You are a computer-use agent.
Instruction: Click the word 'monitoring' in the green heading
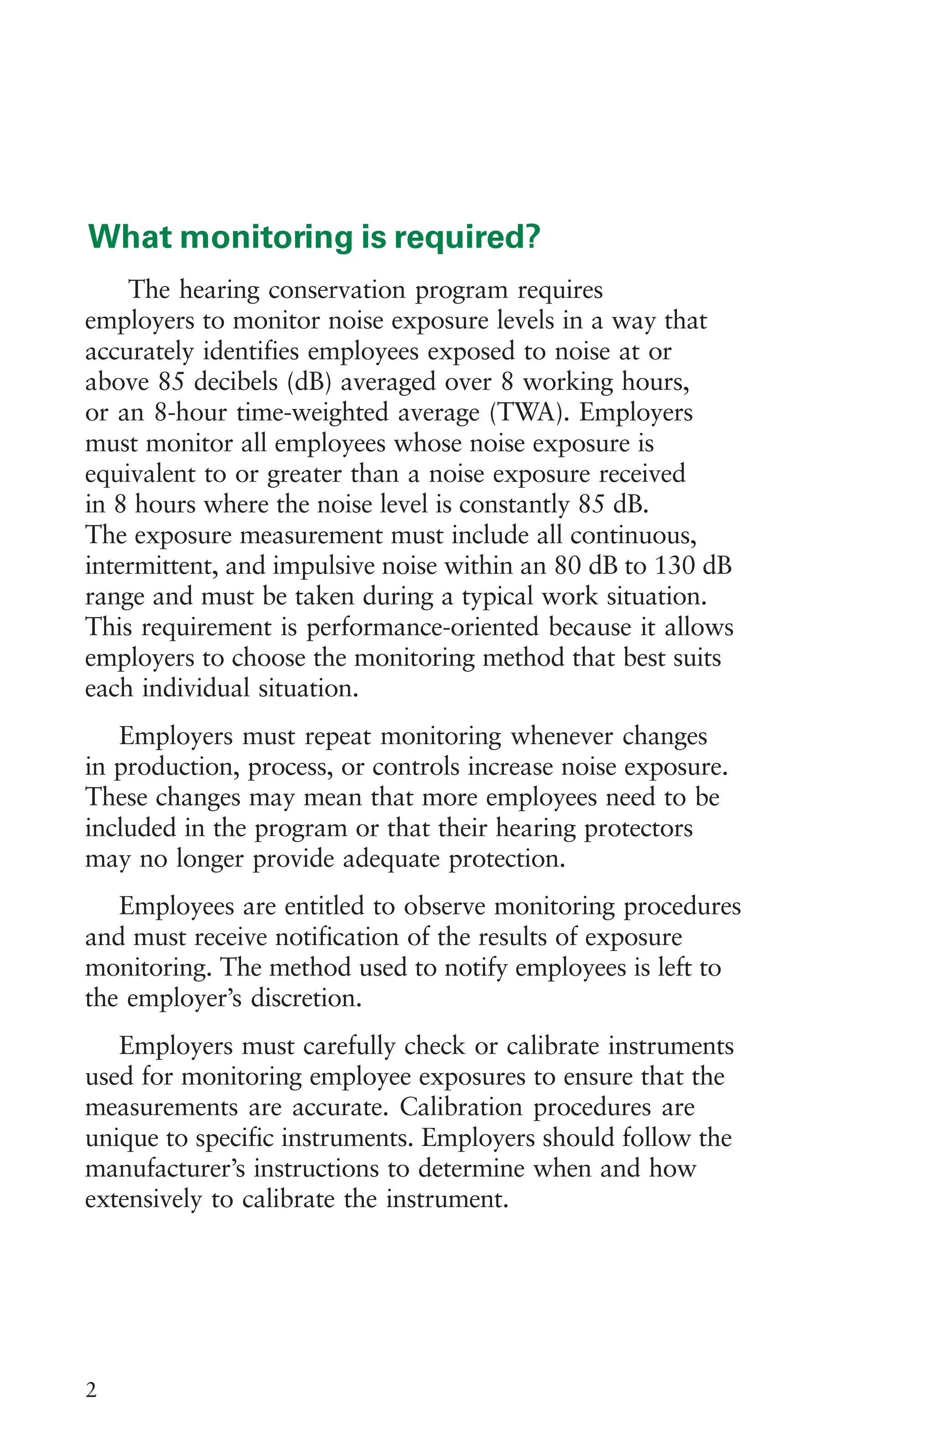click(266, 238)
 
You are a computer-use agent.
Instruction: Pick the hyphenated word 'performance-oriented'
click(422, 628)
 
